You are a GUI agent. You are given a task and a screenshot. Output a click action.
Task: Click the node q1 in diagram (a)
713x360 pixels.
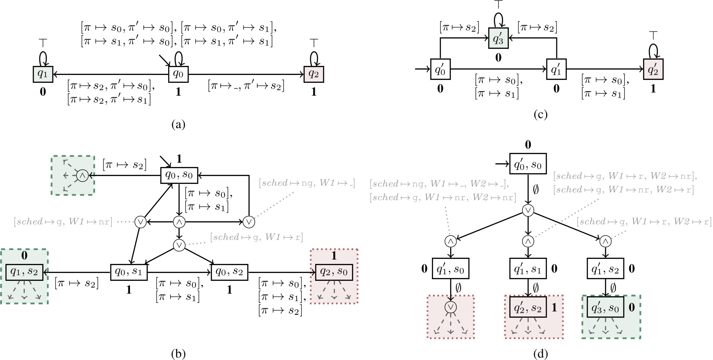click(43, 74)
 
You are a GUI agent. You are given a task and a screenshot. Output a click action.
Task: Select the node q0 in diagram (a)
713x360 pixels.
click(178, 74)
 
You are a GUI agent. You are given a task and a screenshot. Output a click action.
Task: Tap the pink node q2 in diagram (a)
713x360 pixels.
click(313, 74)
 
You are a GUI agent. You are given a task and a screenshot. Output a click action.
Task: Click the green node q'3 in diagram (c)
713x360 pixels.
click(498, 39)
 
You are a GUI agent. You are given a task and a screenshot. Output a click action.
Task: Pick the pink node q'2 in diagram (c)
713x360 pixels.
click(653, 69)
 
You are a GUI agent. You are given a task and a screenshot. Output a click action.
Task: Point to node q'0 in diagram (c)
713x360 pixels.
click(440, 69)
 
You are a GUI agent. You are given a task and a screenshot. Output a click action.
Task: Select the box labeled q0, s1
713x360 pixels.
click(128, 272)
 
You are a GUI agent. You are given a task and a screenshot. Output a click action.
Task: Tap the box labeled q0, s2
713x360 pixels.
click(229, 272)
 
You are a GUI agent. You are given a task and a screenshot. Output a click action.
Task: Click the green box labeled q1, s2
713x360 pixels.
click(24, 272)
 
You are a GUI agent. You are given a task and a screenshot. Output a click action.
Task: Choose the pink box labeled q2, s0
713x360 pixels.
click(334, 272)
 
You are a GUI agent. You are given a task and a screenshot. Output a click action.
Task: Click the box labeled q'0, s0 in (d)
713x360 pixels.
click(528, 164)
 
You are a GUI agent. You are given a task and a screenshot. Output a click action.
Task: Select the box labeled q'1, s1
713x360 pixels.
click(528, 269)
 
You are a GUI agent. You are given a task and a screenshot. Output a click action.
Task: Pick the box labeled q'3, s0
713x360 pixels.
click(605, 308)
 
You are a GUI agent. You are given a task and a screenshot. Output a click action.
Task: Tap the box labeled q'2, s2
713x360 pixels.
click(528, 308)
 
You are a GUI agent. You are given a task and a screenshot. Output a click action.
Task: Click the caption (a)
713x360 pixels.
click(178, 124)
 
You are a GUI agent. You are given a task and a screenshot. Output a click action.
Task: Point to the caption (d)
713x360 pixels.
click(541, 353)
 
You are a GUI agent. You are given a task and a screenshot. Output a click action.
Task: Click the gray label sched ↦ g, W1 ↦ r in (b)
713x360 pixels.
click(257, 237)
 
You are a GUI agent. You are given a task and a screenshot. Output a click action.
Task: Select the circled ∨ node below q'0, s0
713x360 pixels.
click(528, 210)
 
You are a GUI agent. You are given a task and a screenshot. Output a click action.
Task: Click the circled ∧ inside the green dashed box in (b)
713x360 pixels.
click(82, 176)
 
